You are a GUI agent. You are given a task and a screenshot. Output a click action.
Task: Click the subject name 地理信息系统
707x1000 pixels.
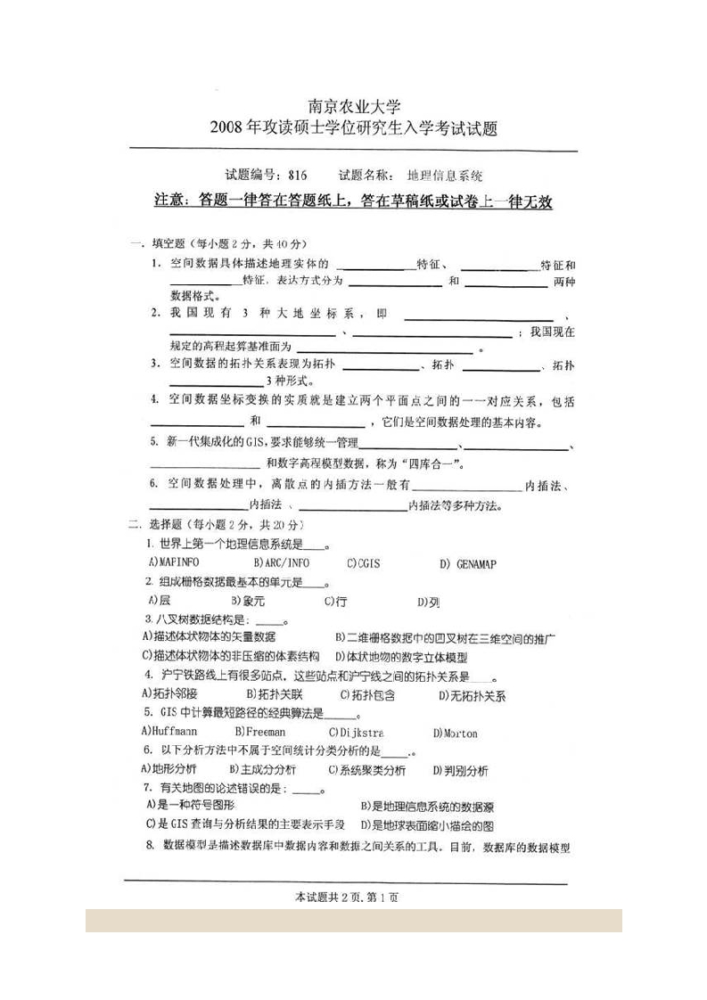[445, 176]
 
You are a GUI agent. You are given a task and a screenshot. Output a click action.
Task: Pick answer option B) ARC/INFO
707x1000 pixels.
[281, 563]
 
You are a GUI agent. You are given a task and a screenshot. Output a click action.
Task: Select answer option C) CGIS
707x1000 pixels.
[364, 563]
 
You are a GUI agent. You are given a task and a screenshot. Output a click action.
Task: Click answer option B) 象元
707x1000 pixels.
[247, 602]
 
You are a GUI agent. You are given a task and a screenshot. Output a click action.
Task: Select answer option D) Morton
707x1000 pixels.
[455, 733]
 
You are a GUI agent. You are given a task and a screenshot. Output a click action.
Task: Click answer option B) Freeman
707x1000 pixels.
[259, 732]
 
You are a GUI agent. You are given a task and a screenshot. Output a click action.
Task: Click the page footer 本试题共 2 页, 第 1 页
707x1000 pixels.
[345, 897]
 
